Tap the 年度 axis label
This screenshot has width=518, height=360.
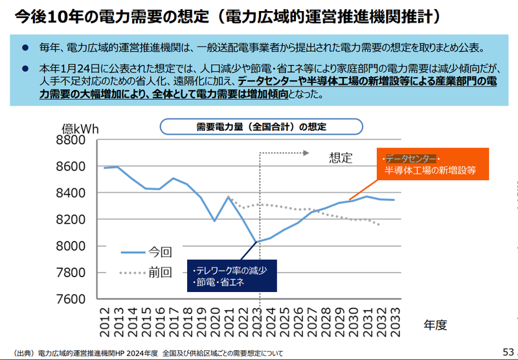click(435, 324)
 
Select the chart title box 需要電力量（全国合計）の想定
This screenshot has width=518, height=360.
click(261, 126)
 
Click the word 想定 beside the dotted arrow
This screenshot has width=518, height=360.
click(341, 157)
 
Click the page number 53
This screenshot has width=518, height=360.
click(508, 352)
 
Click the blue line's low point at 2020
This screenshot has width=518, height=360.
click(214, 221)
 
